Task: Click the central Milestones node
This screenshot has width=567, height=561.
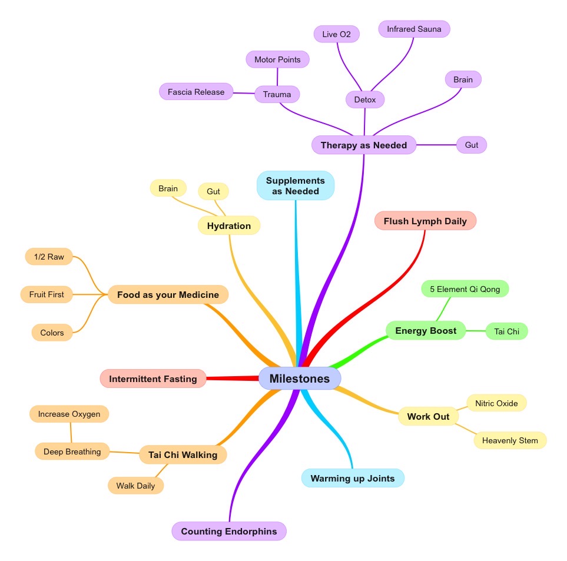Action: point(300,379)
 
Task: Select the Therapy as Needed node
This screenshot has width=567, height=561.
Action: point(364,145)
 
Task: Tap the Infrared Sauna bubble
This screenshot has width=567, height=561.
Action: point(414,29)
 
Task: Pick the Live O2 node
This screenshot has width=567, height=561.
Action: point(336,34)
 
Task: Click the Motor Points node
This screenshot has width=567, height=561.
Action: point(277,59)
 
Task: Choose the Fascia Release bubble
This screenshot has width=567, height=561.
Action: point(196,92)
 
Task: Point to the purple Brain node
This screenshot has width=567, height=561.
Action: point(463,79)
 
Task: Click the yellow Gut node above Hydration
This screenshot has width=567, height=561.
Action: point(213,191)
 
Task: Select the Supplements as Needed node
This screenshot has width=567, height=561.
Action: point(296,185)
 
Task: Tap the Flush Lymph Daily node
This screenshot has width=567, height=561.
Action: point(425,221)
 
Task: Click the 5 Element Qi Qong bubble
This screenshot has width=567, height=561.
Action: point(465,289)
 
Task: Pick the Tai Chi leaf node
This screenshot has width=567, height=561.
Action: point(506,331)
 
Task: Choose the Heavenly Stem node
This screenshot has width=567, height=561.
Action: point(510,440)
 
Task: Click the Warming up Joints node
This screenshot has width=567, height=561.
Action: point(353,478)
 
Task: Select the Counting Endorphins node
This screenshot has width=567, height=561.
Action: point(229,531)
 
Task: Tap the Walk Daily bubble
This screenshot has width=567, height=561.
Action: point(135,486)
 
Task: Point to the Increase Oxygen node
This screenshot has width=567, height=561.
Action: point(69,414)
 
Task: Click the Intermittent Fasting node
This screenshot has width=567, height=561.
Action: point(153,379)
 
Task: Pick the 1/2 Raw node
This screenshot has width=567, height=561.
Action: point(49,257)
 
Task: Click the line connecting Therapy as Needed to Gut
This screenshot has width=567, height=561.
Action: point(436,145)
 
